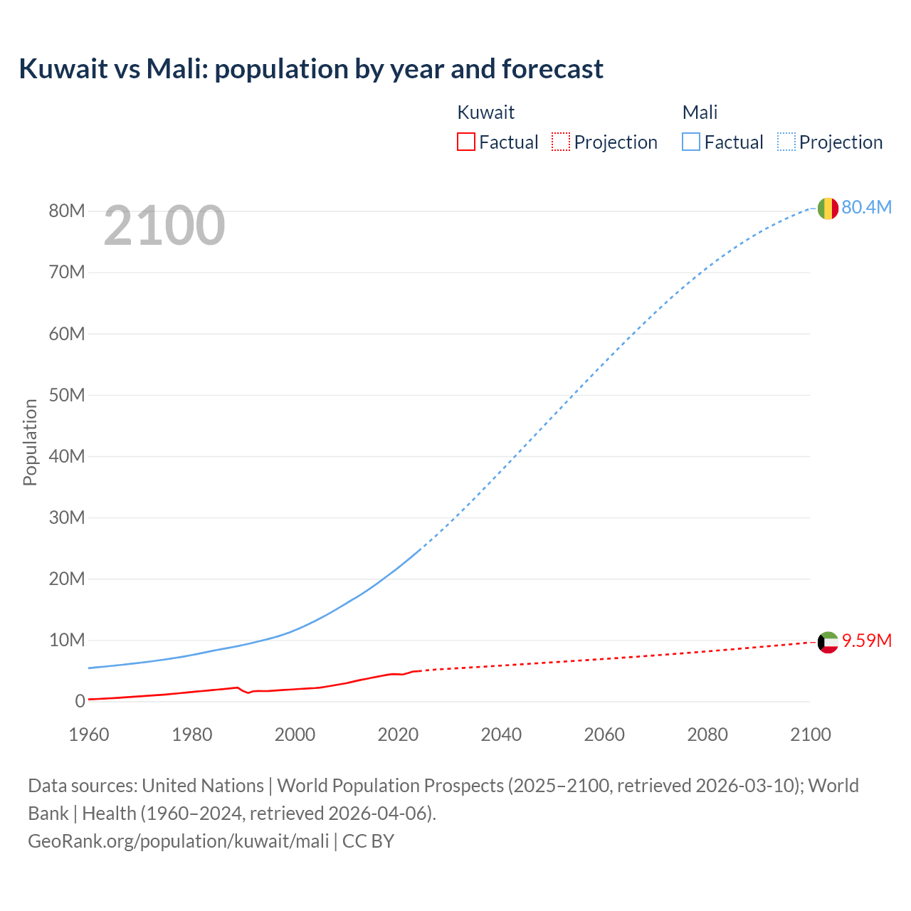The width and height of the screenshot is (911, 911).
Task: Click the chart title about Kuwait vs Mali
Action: click(311, 69)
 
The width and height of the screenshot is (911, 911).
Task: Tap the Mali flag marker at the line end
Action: click(828, 209)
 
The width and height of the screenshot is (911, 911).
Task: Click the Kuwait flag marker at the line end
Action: click(828, 642)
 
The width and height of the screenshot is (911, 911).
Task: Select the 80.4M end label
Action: click(866, 207)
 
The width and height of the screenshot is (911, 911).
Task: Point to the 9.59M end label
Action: click(866, 641)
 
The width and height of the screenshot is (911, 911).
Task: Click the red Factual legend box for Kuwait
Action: click(465, 142)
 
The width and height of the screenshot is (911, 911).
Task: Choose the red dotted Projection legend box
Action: click(561, 142)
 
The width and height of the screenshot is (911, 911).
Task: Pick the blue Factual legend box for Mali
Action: click(690, 142)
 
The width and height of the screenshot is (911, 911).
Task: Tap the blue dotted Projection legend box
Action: click(786, 142)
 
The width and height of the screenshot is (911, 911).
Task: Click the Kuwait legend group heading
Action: click(485, 112)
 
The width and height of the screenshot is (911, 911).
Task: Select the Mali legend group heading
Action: click(700, 112)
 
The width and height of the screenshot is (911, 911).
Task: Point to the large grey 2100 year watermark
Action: click(164, 226)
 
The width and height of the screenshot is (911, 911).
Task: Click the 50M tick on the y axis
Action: click(67, 395)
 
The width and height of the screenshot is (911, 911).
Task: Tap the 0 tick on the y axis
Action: click(80, 701)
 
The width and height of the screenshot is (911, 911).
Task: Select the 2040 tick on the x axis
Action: click(501, 734)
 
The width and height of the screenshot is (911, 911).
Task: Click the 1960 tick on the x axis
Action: click(89, 734)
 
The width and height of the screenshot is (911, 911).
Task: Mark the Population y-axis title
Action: click(30, 442)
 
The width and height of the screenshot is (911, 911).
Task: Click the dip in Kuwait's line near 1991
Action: click(248, 693)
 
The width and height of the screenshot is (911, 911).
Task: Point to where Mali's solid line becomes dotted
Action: click(420, 549)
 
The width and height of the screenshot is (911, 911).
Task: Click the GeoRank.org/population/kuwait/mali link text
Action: click(178, 841)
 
